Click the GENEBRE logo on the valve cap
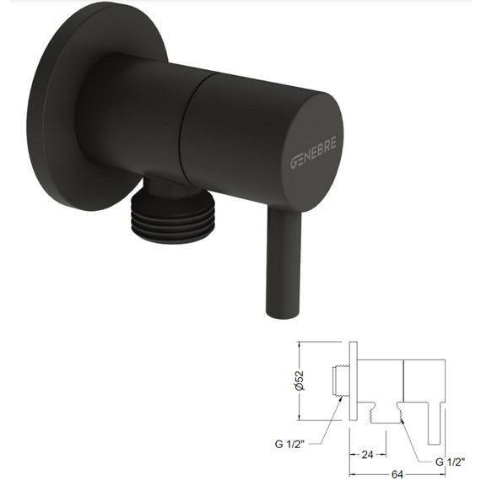coord(313,152)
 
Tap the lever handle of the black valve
coord(283,263)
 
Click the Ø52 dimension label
coord(299,381)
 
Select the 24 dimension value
coord(367,455)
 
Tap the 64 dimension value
coord(397,474)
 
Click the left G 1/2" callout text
coord(289,444)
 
